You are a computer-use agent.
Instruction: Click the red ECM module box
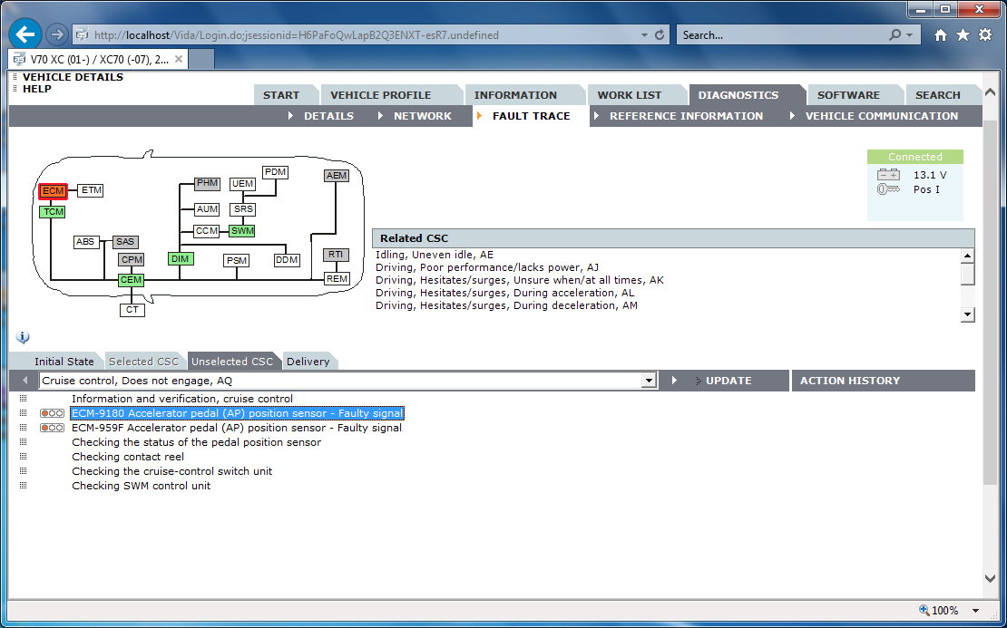tap(54, 191)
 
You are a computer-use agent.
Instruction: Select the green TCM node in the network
tap(54, 212)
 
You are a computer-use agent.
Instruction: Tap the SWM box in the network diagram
tap(242, 231)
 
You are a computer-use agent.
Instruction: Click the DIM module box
tap(181, 259)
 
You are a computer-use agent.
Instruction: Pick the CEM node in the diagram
tap(132, 281)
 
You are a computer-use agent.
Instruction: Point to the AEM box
tap(337, 176)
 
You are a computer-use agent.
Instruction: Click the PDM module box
tap(275, 172)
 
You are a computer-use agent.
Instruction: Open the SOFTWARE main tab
tap(848, 95)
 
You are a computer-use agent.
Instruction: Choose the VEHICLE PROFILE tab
tap(380, 95)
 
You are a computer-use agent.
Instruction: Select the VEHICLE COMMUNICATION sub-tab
tap(881, 116)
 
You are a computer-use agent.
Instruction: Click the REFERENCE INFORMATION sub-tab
tap(686, 116)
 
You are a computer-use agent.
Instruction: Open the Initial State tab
tap(64, 362)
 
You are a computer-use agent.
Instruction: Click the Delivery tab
tap(308, 362)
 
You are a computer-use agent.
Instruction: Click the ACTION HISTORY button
tap(849, 381)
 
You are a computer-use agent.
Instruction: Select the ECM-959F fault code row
tap(237, 428)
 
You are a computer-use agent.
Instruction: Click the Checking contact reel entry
tap(128, 457)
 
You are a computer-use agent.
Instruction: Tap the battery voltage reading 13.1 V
tap(930, 175)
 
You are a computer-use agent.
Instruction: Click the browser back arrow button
tap(25, 35)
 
